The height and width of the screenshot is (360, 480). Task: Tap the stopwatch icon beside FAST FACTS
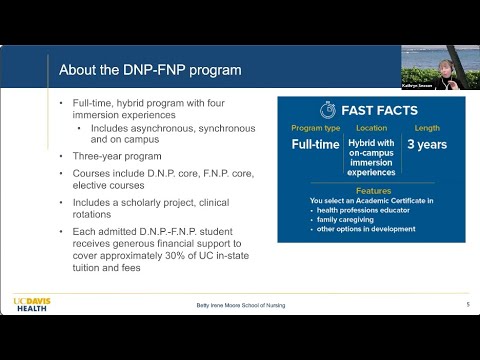point(326,110)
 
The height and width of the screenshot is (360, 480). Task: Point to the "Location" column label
point(371,129)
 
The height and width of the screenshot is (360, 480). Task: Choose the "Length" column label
point(426,129)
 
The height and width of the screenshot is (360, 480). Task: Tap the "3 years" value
point(426,145)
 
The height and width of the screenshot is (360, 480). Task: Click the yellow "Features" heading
point(371,190)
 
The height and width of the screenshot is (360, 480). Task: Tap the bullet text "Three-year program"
point(115,156)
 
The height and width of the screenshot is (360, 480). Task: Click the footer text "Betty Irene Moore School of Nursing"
point(239,304)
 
